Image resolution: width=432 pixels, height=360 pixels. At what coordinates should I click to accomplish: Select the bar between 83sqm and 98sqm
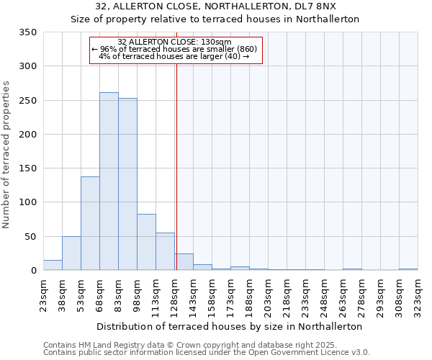click(127, 184)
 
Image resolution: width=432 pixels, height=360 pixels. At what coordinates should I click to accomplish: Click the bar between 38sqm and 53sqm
click(71, 253)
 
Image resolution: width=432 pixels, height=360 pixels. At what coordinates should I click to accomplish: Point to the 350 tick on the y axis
click(28, 32)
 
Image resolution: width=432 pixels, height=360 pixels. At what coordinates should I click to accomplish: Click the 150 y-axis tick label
click(28, 168)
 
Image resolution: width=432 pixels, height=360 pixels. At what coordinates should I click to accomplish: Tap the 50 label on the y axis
click(31, 236)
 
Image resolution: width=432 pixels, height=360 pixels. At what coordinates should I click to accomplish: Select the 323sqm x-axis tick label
click(418, 294)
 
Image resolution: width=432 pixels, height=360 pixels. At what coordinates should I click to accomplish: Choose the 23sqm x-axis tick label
click(43, 294)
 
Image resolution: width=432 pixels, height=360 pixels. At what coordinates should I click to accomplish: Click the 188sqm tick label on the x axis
click(249, 294)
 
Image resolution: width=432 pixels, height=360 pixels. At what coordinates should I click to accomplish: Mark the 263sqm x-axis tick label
click(343, 294)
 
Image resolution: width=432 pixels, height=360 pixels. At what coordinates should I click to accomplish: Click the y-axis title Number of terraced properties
click(6, 155)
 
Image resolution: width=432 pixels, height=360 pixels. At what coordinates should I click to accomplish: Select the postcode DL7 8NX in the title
click(323, 6)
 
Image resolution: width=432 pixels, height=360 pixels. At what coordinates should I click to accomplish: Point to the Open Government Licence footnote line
click(207, 353)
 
